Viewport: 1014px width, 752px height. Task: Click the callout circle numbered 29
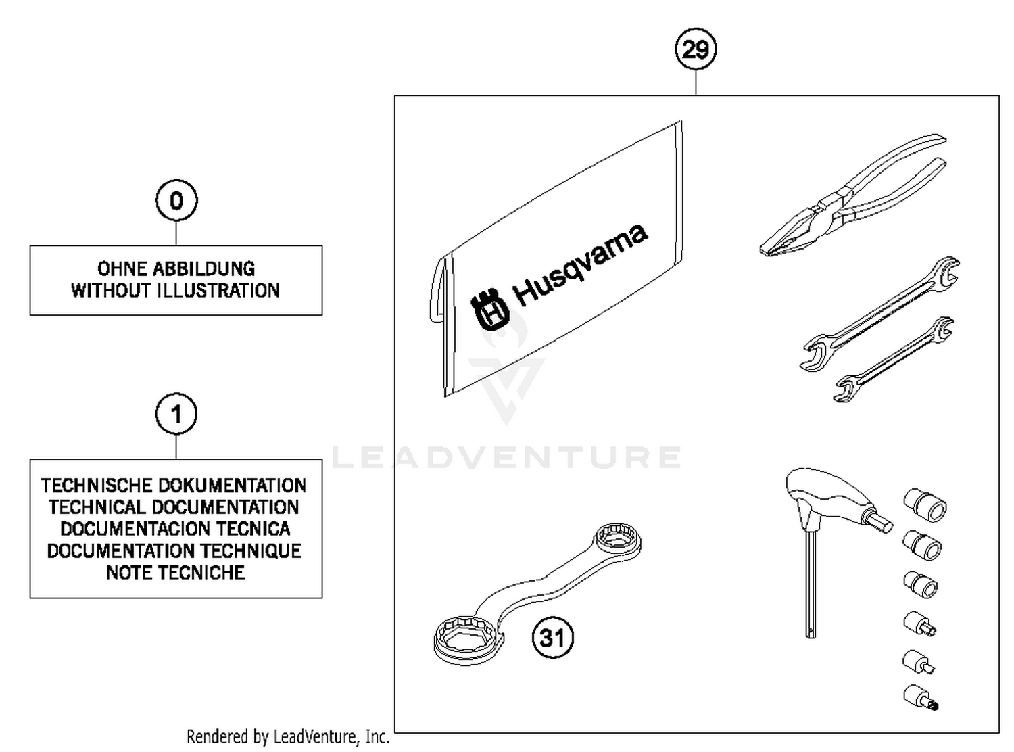696,49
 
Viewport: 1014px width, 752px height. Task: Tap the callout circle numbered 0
176,201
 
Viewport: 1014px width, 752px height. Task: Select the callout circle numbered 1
176,414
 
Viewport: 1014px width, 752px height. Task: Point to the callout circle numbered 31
553,638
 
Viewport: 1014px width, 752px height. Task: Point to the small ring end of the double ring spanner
617,540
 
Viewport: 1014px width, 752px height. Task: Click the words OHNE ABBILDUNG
176,268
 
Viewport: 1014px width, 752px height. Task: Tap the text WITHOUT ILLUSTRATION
176,291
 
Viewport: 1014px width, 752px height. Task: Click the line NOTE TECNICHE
176,573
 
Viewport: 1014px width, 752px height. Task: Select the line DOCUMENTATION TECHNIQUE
174,550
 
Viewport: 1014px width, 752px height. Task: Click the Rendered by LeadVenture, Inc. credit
288,736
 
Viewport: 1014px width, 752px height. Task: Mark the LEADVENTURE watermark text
507,458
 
